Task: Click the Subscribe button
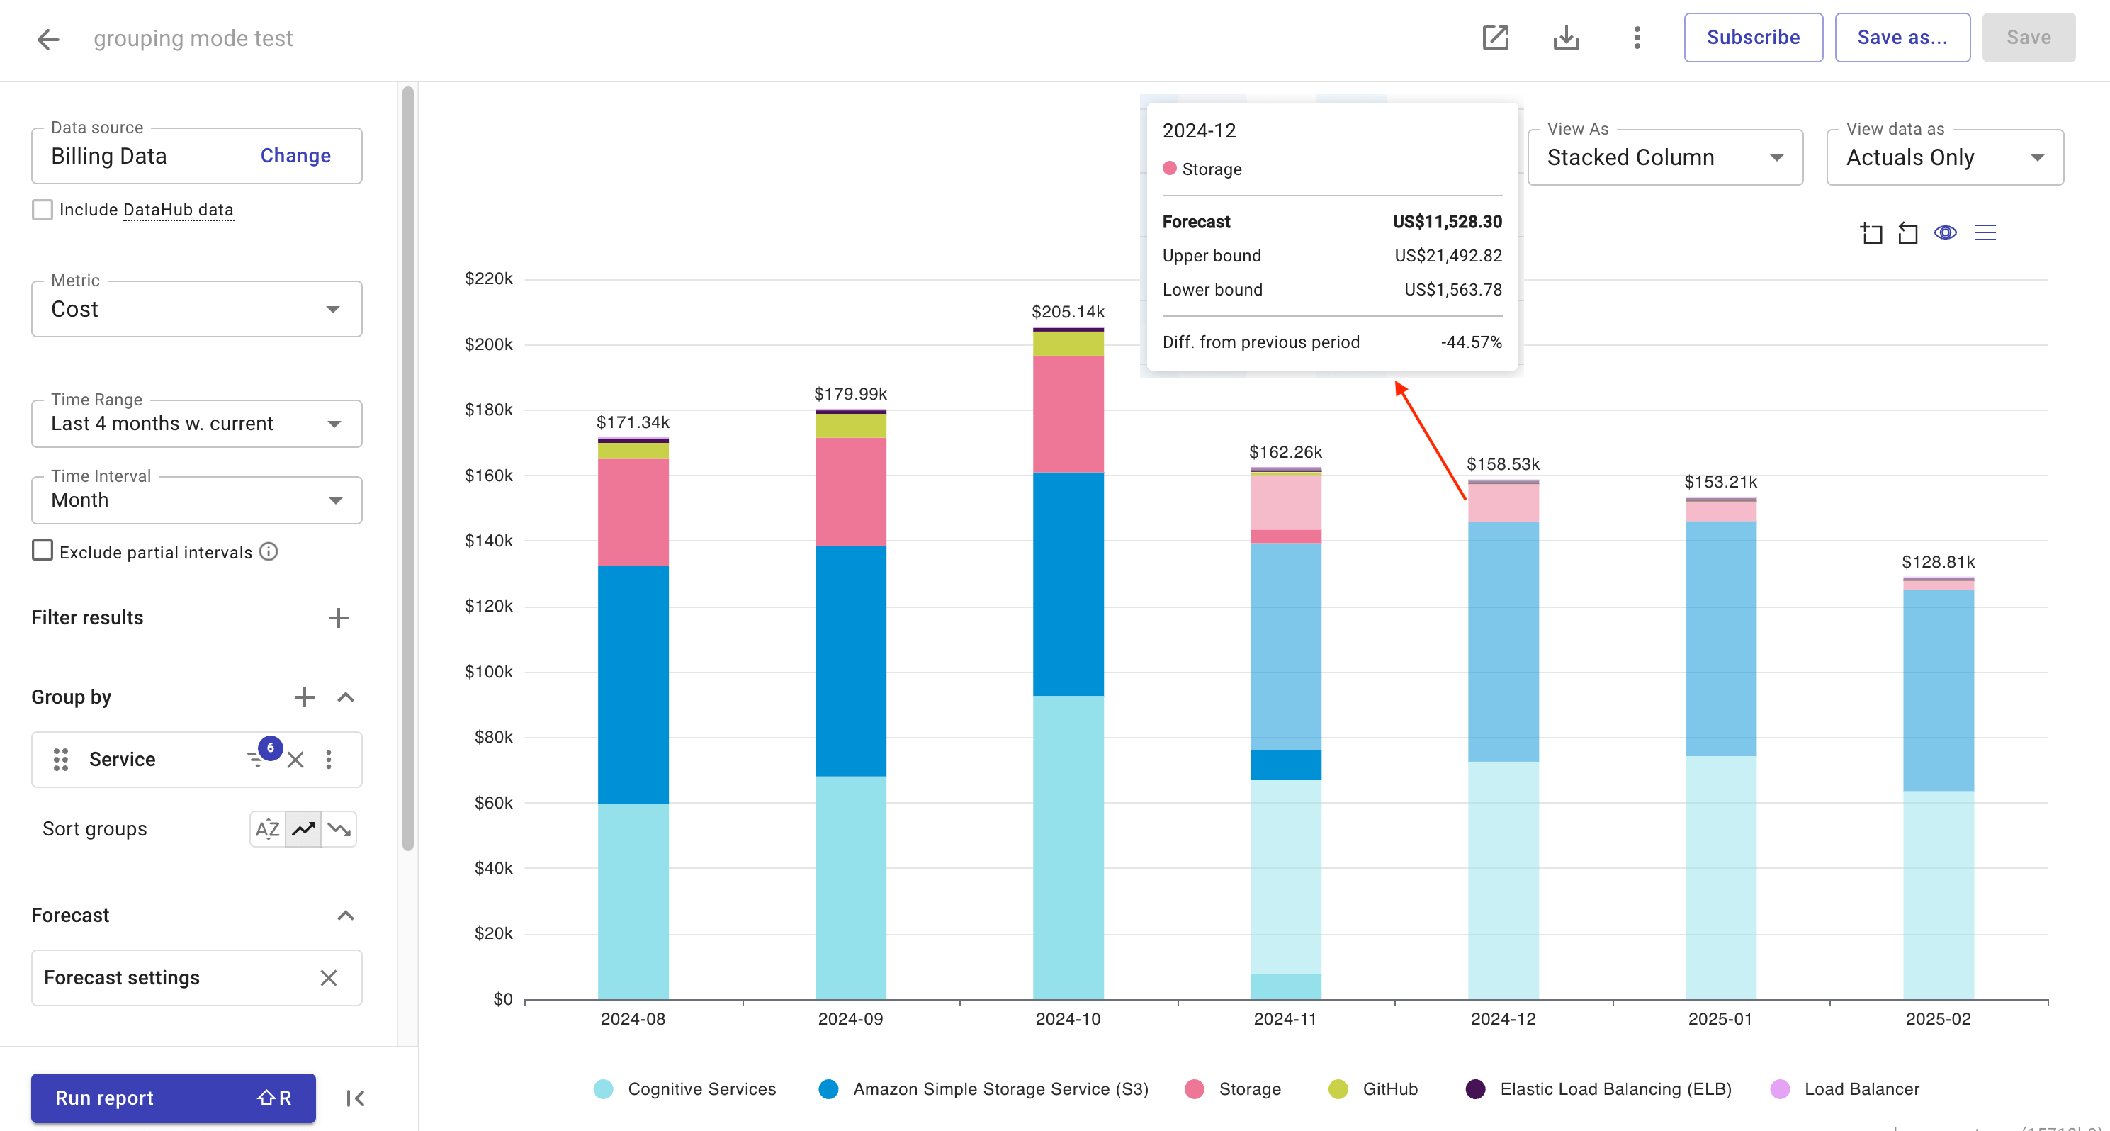pyautogui.click(x=1753, y=38)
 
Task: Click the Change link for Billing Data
pyautogui.click(x=295, y=156)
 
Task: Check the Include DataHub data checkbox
pyautogui.click(x=43, y=210)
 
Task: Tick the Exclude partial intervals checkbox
pyautogui.click(x=43, y=551)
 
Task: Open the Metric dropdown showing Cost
pyautogui.click(x=196, y=310)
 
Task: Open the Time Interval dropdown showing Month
pyautogui.click(x=196, y=500)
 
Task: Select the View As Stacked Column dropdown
pyautogui.click(x=1664, y=157)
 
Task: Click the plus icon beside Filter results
pyautogui.click(x=338, y=619)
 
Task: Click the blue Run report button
pyautogui.click(x=173, y=1098)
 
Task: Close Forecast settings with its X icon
pyautogui.click(x=329, y=978)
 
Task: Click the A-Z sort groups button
pyautogui.click(x=267, y=829)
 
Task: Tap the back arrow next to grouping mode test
pyautogui.click(x=48, y=38)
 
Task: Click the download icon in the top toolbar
pyautogui.click(x=1565, y=38)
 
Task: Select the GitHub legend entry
pyautogui.click(x=1373, y=1089)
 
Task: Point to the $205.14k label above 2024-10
pyautogui.click(x=1067, y=312)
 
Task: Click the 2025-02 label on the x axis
pyautogui.click(x=1937, y=1019)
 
